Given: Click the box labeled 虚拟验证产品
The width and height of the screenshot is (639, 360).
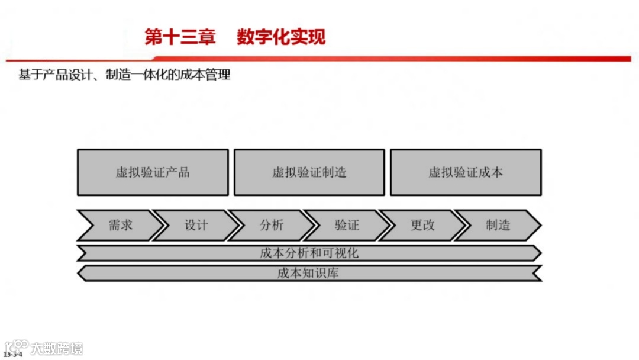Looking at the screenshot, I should [153, 172].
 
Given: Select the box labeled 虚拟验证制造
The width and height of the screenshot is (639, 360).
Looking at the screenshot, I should [309, 172].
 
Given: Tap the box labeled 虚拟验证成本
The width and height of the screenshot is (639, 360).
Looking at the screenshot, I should [466, 172].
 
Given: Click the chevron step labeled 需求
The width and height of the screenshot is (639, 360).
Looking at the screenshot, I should [120, 225].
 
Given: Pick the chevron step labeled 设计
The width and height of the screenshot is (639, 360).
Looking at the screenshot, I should [196, 225].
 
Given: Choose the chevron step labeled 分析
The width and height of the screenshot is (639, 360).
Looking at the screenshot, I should [272, 225].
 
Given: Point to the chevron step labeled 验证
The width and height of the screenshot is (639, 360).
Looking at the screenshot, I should [347, 225].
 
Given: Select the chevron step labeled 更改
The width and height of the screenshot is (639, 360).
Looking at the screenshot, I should [422, 225].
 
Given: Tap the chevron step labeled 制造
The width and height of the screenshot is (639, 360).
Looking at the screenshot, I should [498, 225].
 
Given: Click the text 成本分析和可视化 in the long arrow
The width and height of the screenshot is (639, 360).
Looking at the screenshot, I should [309, 253].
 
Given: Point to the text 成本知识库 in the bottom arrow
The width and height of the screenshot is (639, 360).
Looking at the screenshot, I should [309, 273].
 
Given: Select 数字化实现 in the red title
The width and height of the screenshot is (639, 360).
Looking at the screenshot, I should [281, 37].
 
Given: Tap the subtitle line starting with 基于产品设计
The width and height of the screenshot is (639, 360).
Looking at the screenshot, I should [124, 76].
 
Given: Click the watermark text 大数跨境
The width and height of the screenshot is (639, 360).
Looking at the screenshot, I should [57, 348].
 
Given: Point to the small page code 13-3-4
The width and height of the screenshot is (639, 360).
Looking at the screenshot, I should [13, 354].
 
